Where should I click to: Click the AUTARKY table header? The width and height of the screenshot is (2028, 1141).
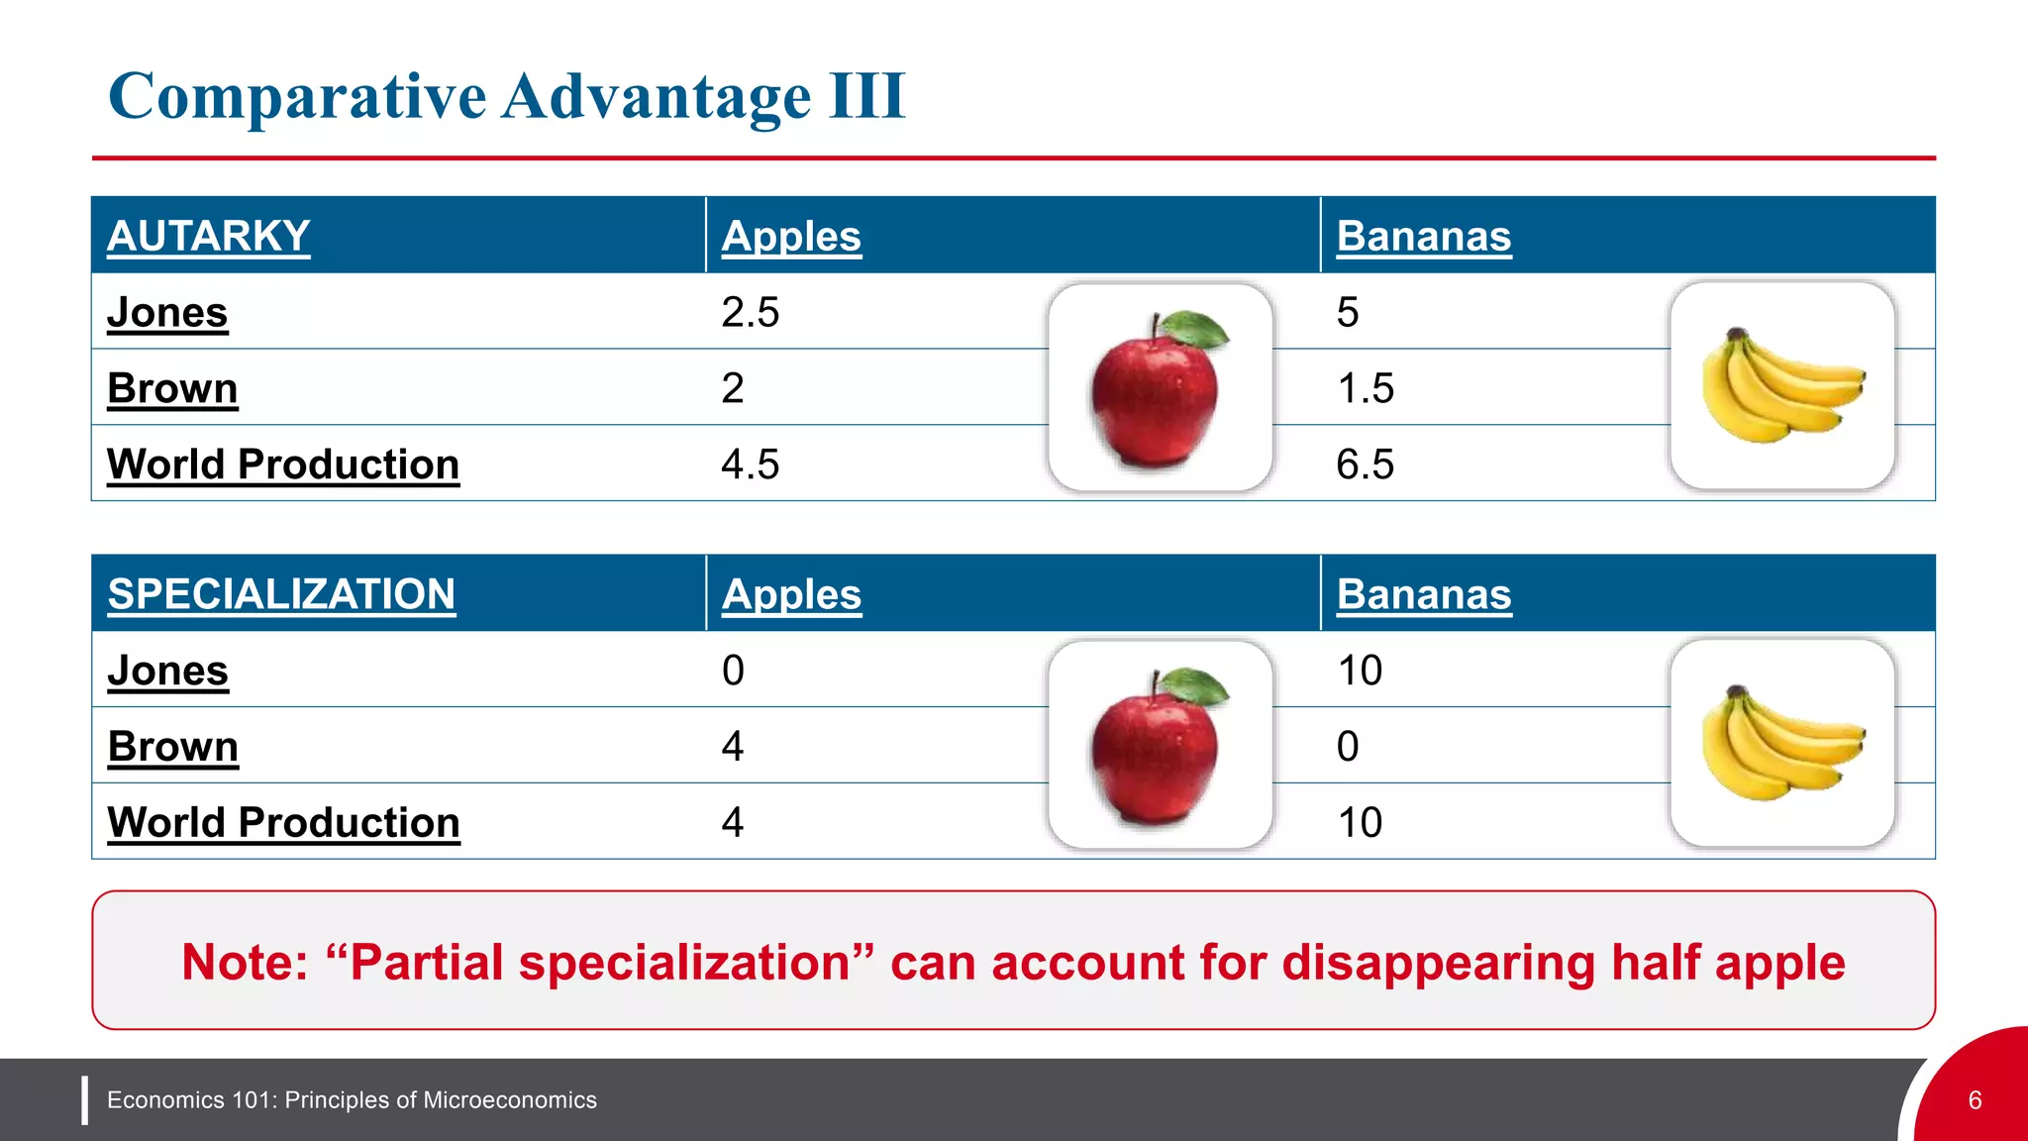tap(208, 236)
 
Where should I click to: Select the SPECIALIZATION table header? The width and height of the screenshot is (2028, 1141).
tap(281, 594)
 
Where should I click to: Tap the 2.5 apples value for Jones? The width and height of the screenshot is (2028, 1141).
tap(750, 312)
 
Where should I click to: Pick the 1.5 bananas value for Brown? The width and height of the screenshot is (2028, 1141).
tap(1365, 388)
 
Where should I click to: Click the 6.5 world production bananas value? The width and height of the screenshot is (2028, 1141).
tap(1365, 465)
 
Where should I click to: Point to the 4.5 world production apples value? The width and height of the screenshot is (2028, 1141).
tap(750, 465)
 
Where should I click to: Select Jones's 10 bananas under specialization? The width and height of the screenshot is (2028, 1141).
tap(1359, 671)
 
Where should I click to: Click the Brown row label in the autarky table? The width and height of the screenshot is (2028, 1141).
tap(172, 388)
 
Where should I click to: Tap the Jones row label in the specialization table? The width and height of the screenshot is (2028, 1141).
tap(167, 671)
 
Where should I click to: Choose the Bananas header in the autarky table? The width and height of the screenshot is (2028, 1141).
tap(1423, 236)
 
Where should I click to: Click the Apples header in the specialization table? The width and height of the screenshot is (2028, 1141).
tap(791, 594)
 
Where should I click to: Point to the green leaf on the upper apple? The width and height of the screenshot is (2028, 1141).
tap(1195, 328)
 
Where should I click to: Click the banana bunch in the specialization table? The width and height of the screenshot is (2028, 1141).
tap(1781, 744)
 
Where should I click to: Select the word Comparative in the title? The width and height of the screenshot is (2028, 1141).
tap(297, 96)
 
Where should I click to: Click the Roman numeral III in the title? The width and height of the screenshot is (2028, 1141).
tap(866, 96)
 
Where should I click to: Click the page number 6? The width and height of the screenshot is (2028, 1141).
tap(1975, 1100)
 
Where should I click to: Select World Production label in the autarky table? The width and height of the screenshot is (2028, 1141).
tap(283, 465)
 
